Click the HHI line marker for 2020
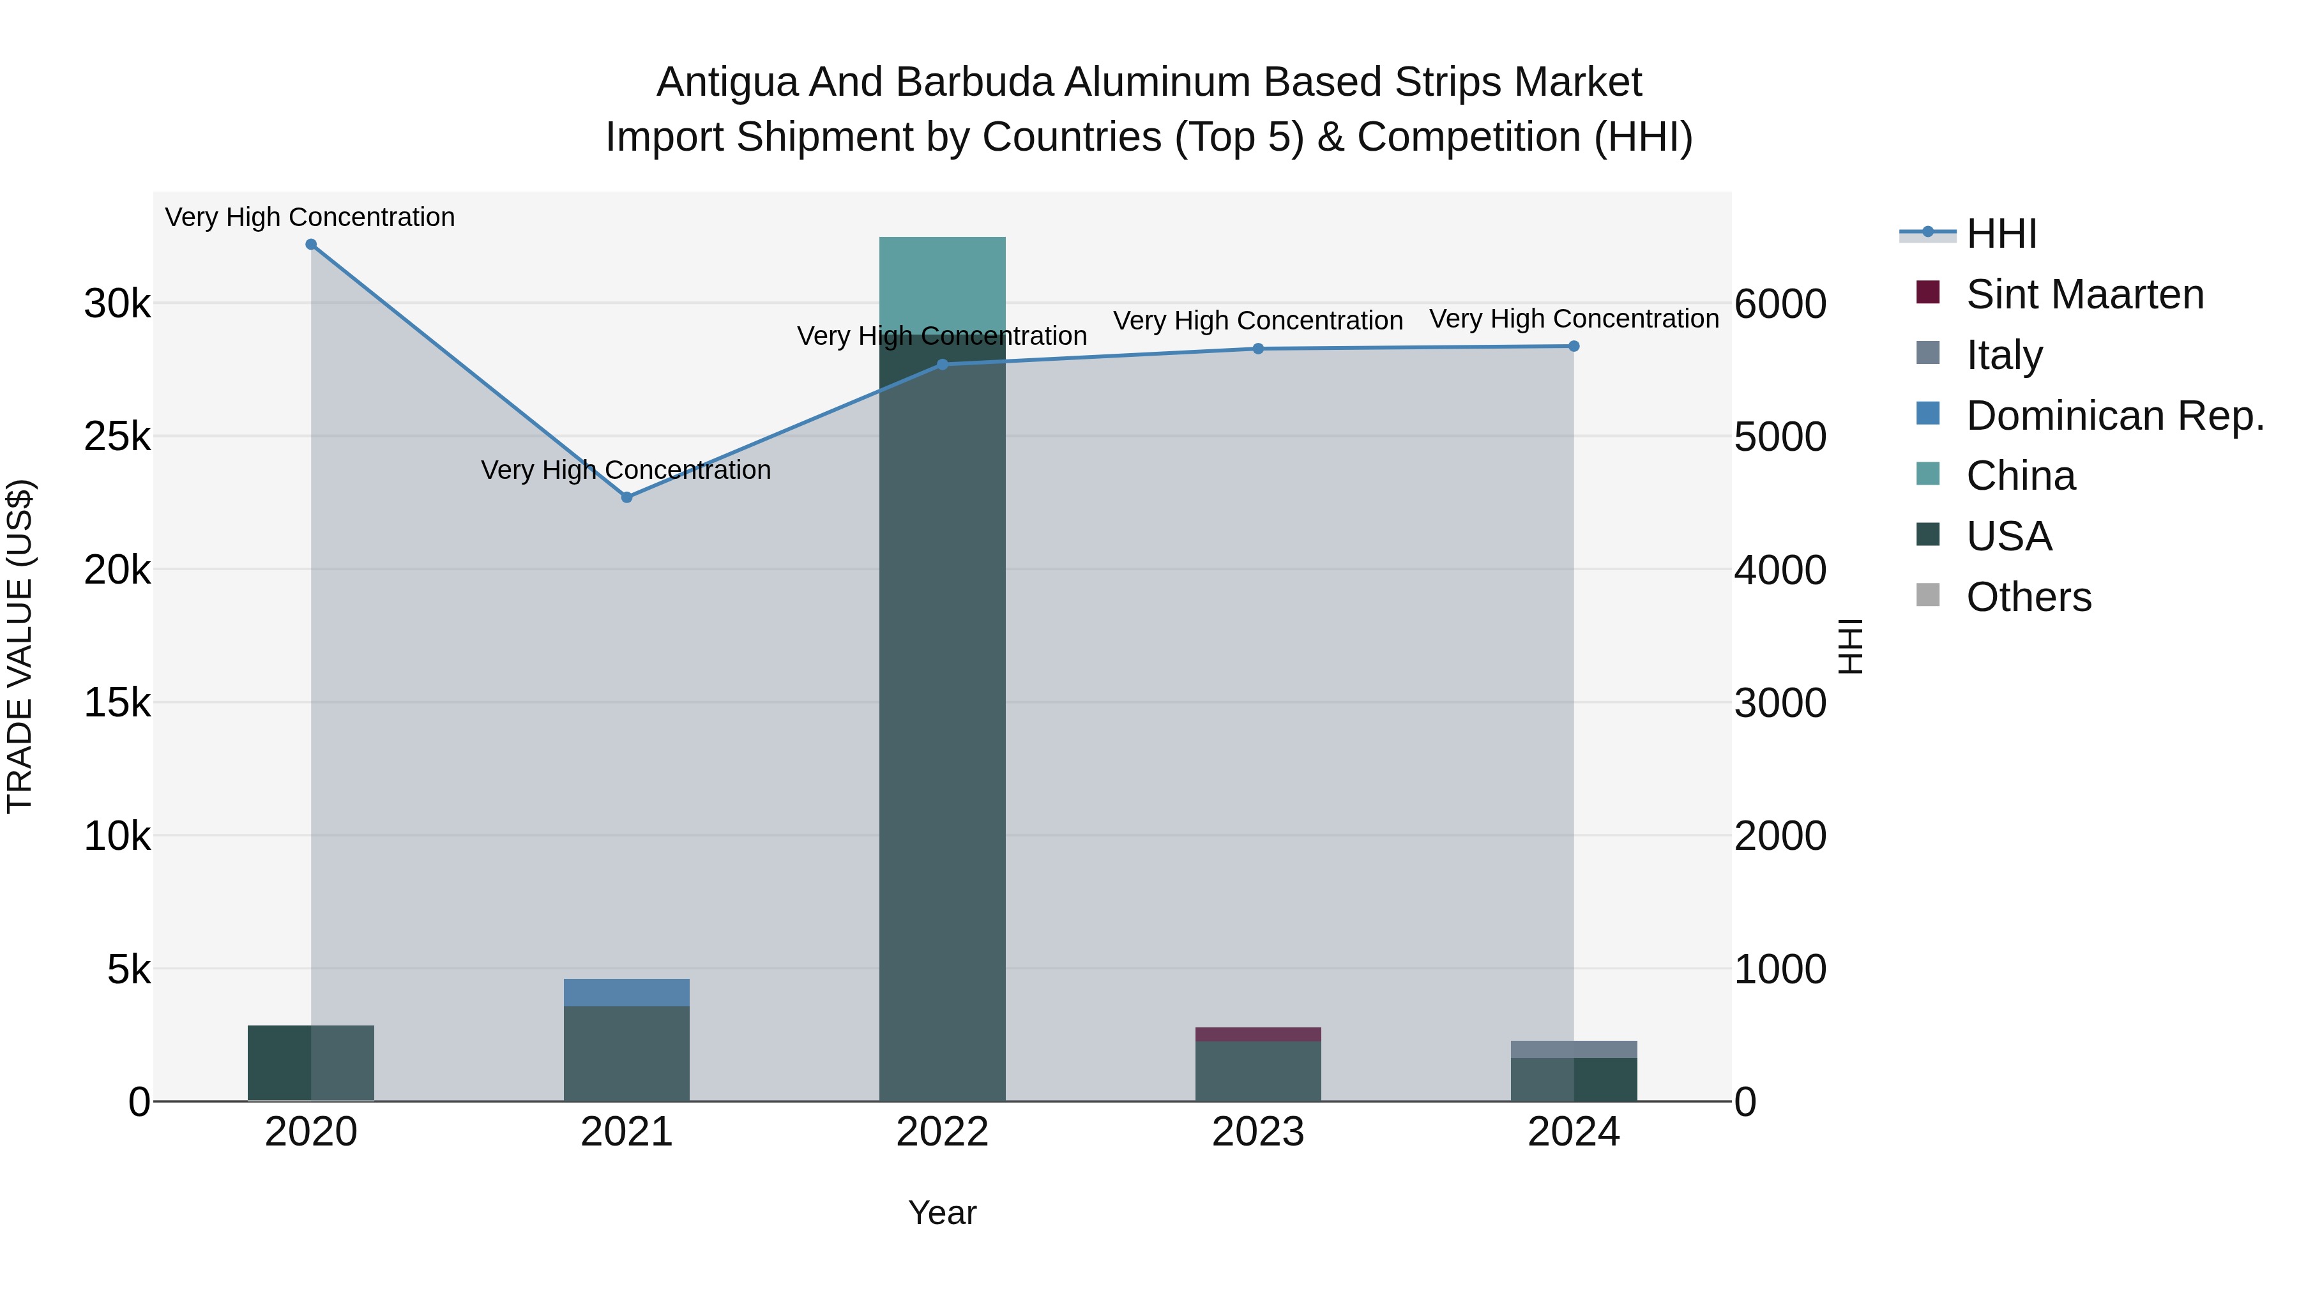tap(310, 245)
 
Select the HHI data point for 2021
tap(626, 497)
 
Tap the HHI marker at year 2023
tap(1258, 349)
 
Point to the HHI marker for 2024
tap(1574, 346)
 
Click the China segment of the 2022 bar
tap(943, 285)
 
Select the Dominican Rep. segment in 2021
tap(626, 992)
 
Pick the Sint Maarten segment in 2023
tap(1258, 1034)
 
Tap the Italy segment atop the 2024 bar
tap(1574, 1048)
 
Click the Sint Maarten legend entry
tap(2085, 294)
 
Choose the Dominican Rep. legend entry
tap(2115, 416)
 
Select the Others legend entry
tap(2029, 597)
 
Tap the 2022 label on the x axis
tap(943, 1132)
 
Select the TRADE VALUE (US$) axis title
tap(20, 646)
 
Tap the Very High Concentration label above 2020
tap(310, 218)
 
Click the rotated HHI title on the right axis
tap(1851, 646)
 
